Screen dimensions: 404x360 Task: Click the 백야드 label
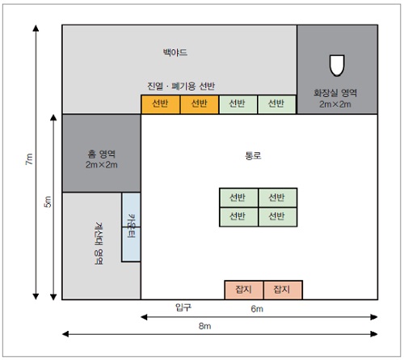tap(175, 52)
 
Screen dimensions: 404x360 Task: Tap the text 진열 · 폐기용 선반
tap(181, 86)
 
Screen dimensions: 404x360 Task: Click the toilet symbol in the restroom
tap(337, 66)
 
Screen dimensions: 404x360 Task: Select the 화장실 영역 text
tap(335, 93)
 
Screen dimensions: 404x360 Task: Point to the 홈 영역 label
tap(102, 154)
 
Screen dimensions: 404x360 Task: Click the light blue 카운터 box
tap(131, 227)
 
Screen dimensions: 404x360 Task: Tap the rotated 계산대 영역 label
tap(99, 244)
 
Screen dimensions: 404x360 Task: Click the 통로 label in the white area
tap(253, 155)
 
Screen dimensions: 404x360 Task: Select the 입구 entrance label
tap(183, 307)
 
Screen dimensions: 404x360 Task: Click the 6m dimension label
tap(257, 309)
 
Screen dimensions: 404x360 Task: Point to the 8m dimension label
tap(204, 326)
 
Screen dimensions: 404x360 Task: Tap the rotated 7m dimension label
tap(29, 159)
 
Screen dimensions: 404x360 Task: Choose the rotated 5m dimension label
tap(47, 201)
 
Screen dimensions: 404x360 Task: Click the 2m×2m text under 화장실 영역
tap(335, 104)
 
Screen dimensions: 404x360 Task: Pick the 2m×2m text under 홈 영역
tap(102, 164)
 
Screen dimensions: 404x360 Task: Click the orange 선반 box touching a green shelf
tap(200, 104)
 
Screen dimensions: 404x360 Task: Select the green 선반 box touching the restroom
tap(276, 104)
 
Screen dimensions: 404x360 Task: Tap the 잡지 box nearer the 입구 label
tap(244, 290)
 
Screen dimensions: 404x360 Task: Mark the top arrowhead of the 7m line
tap(36, 28)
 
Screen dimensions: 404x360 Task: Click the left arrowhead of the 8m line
tap(65, 334)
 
